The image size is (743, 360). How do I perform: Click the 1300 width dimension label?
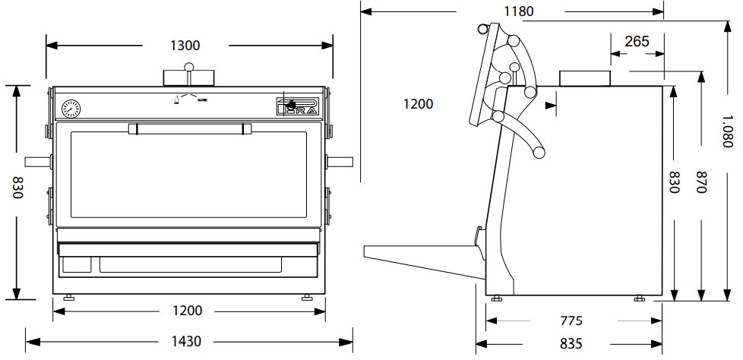point(186,46)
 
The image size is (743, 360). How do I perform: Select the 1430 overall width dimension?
point(186,341)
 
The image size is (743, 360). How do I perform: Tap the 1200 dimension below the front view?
point(187,311)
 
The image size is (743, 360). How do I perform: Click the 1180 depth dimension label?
point(519,11)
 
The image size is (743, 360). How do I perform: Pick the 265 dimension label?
point(637,42)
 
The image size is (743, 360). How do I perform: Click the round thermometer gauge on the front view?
point(72,108)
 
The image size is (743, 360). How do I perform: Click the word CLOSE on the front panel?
point(204,99)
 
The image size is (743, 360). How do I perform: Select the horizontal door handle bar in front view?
point(190,129)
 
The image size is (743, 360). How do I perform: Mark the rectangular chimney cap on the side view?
point(585,77)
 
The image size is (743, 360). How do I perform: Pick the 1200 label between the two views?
point(419,104)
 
